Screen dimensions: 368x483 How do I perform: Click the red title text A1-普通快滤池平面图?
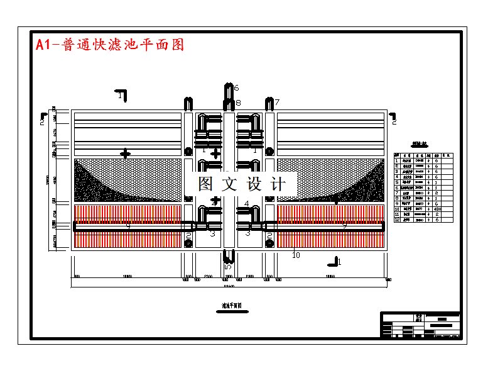click(x=110, y=45)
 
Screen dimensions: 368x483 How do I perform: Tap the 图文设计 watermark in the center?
click(x=241, y=184)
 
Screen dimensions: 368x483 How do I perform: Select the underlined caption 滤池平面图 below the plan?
click(x=232, y=306)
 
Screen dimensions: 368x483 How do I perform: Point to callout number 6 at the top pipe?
click(x=236, y=88)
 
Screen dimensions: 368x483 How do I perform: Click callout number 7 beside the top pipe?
click(x=277, y=102)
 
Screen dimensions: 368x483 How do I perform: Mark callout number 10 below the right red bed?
click(x=296, y=255)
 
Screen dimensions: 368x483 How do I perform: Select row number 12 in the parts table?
click(x=397, y=220)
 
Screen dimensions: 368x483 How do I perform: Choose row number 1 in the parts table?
click(x=397, y=162)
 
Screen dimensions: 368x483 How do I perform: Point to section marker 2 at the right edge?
click(x=393, y=116)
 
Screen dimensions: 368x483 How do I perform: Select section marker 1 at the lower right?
click(x=337, y=261)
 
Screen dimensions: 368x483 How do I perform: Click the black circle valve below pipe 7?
click(x=269, y=152)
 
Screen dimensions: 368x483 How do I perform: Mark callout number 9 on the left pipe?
click(x=128, y=225)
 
